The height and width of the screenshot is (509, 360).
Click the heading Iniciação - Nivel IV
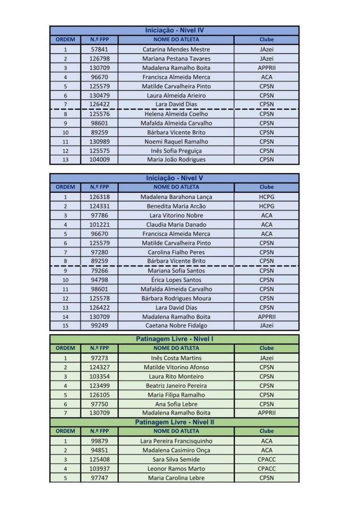(x=175, y=30)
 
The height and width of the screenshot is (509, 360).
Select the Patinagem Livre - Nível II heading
(x=175, y=422)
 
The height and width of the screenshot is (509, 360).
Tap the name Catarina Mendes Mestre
(x=176, y=49)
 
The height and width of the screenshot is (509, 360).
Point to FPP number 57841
(x=99, y=49)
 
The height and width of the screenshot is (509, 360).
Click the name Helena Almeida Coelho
(x=176, y=114)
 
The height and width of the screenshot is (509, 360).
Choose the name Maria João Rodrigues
(x=176, y=160)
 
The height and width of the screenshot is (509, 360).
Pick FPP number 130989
(x=99, y=142)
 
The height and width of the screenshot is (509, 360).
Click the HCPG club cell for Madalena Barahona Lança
(x=267, y=197)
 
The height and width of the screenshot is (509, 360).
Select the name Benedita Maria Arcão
(x=176, y=206)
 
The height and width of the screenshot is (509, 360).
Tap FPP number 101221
(x=99, y=224)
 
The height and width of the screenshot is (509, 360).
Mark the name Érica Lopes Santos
(x=176, y=280)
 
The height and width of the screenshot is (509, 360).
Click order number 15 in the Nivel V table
(x=65, y=326)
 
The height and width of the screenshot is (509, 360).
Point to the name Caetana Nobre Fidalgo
(x=176, y=326)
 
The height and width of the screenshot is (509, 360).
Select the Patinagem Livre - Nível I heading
(x=175, y=339)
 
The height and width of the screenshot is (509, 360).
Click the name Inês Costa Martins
(x=176, y=358)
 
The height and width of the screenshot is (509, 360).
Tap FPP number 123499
(x=99, y=386)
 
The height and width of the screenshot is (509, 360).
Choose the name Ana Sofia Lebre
(x=176, y=404)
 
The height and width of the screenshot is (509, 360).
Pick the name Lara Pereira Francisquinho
(x=176, y=441)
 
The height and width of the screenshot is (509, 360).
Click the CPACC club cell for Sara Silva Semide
(x=267, y=459)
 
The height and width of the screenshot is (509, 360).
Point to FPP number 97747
(x=99, y=478)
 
